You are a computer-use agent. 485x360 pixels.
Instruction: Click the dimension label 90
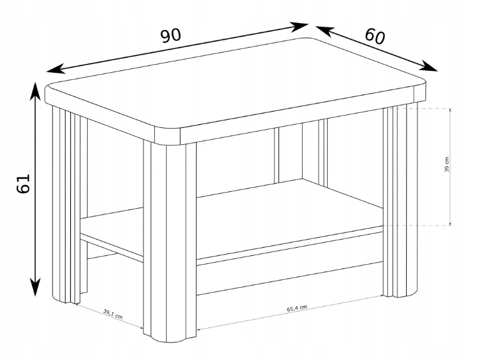(170, 35)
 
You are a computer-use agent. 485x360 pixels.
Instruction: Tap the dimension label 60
(375, 36)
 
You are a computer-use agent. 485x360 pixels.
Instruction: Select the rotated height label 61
(23, 183)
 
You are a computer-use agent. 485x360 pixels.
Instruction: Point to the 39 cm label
(447, 164)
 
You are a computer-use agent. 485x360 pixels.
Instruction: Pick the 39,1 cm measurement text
(113, 314)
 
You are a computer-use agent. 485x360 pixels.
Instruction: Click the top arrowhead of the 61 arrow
(35, 91)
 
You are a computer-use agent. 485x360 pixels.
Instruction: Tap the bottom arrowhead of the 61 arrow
(36, 287)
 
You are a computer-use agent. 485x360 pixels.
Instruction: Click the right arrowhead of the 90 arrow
(299, 26)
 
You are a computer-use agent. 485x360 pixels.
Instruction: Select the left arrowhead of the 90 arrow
(56, 69)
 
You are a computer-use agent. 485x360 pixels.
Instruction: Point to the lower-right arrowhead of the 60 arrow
(429, 66)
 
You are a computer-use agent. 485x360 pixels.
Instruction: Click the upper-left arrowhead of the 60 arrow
(325, 30)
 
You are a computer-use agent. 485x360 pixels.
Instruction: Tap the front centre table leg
(170, 241)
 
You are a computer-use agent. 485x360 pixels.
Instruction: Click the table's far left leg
(66, 204)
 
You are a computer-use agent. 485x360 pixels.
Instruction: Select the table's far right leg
(400, 199)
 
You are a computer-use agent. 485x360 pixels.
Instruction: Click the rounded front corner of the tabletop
(167, 135)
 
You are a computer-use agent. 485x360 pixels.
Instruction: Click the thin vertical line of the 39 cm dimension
(451, 167)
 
